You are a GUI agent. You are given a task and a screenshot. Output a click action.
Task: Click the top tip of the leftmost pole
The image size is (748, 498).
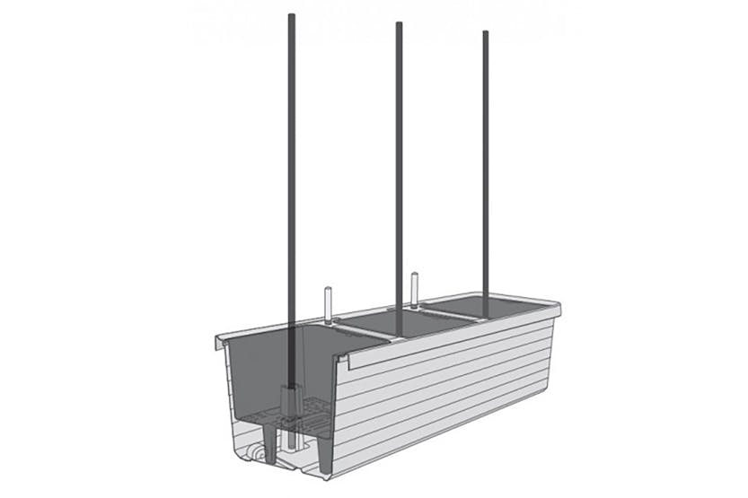[291, 17]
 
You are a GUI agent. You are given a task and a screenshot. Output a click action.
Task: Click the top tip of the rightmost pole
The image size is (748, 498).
[486, 33]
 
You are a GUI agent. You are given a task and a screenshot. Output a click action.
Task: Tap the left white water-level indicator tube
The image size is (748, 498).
[327, 304]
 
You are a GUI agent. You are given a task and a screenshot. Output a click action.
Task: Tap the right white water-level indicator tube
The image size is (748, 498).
[415, 286]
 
